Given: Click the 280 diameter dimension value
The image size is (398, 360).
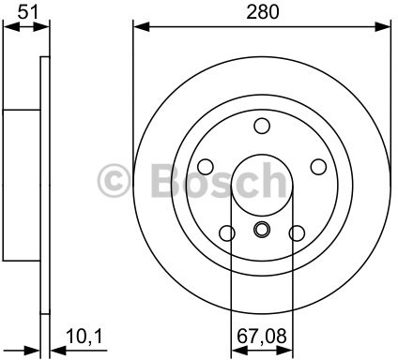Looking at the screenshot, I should pyautogui.click(x=261, y=13).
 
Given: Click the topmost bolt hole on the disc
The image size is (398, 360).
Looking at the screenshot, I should pyautogui.click(x=262, y=127).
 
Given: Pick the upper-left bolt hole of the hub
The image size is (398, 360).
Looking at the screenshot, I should pyautogui.click(x=206, y=167).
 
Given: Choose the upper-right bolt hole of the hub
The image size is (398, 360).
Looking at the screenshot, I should pyautogui.click(x=318, y=166).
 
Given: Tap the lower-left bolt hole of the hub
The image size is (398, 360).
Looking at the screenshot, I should pyautogui.click(x=226, y=233).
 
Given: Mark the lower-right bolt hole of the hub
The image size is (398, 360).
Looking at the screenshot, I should pyautogui.click(x=297, y=233).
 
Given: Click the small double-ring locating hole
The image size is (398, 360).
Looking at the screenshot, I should pyautogui.click(x=262, y=231).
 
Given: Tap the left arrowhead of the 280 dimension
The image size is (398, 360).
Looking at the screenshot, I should pyautogui.click(x=139, y=26).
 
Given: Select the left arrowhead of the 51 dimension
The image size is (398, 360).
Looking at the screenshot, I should pyautogui.click(x=8, y=26).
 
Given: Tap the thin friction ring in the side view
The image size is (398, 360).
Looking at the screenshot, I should pyautogui.click(x=44, y=187).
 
